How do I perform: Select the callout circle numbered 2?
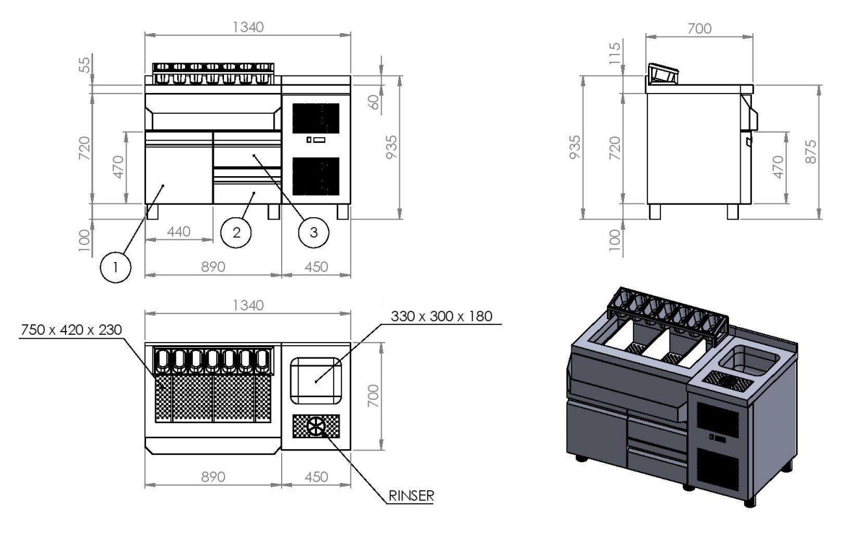click(236, 233)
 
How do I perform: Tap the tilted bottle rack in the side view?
click(663, 75)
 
